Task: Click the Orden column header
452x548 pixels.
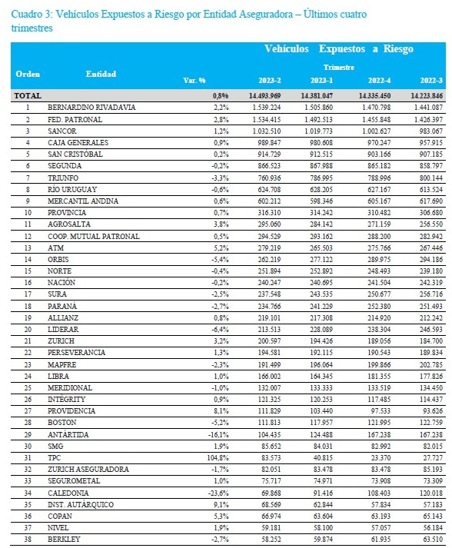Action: click(28, 74)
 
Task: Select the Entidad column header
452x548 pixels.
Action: click(101, 74)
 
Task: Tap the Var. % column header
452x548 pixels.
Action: click(194, 81)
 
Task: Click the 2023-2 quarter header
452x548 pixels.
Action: click(270, 81)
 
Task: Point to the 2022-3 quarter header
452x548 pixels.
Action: click(431, 81)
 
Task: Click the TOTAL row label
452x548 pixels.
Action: click(28, 95)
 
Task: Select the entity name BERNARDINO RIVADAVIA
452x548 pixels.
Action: click(91, 108)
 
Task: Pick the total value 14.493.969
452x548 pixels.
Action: click(264, 95)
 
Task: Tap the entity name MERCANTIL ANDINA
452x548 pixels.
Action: click(83, 201)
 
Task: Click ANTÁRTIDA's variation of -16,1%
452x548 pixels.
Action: click(219, 434)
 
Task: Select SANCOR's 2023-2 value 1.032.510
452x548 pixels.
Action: click(267, 131)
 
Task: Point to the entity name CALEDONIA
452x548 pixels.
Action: click(68, 493)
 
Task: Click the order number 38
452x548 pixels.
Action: click(28, 540)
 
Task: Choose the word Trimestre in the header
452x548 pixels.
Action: click(339, 67)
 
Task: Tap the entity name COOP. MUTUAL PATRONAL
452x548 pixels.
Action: click(94, 236)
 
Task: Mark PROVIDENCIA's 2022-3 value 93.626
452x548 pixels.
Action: click(433, 410)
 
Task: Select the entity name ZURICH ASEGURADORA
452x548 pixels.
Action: click(88, 469)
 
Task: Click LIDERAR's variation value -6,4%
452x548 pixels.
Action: click(220, 329)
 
